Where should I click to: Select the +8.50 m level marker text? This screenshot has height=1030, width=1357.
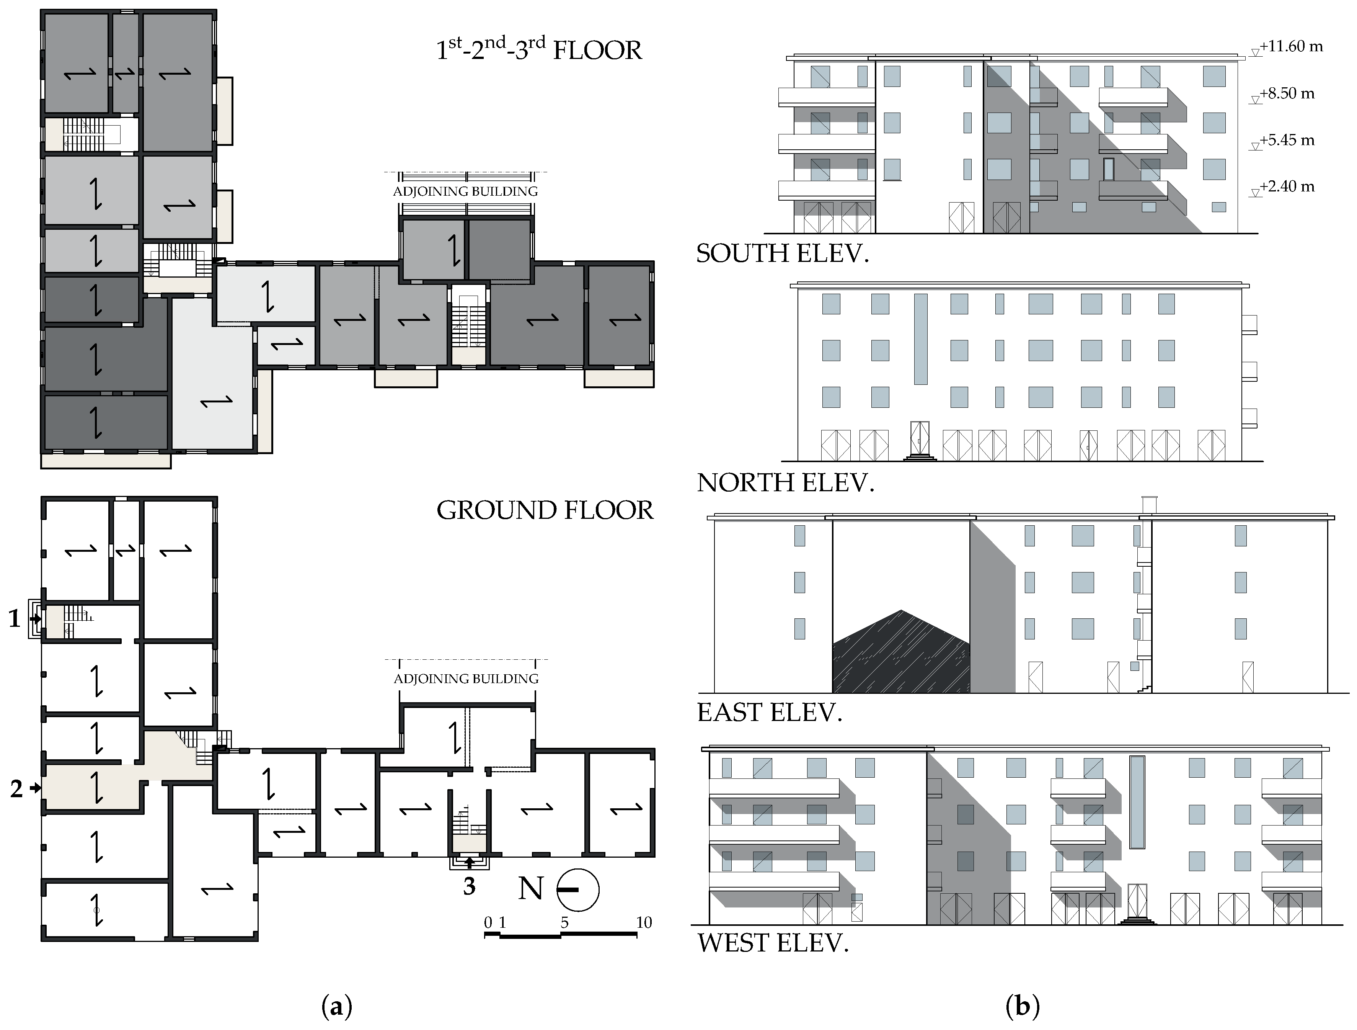(1287, 93)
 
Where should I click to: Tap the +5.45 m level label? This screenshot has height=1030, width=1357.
(1287, 140)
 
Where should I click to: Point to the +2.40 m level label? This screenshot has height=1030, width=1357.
(1287, 186)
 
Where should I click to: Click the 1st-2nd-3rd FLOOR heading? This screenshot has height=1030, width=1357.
(538, 49)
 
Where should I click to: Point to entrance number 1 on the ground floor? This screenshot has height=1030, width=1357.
(15, 619)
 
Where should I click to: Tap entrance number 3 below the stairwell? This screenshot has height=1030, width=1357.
(469, 886)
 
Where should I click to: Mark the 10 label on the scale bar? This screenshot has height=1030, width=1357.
(644, 922)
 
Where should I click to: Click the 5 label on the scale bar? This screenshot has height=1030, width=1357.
(564, 922)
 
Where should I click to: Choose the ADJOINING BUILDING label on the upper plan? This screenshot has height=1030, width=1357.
(466, 191)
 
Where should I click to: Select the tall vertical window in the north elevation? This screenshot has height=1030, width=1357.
(920, 339)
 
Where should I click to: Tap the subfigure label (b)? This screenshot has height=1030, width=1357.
(1023, 1007)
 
